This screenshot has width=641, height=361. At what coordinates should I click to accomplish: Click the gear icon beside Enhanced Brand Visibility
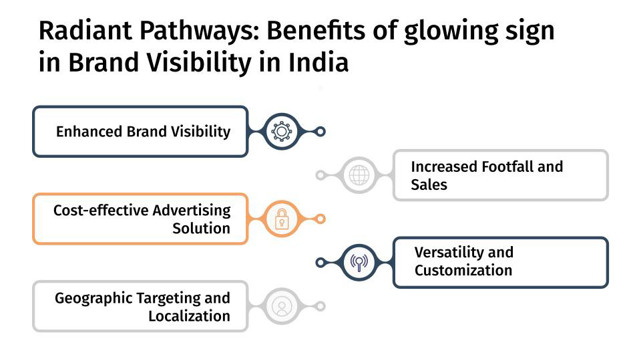coord(282,132)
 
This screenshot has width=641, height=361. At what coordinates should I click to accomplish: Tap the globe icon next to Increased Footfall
coord(359,175)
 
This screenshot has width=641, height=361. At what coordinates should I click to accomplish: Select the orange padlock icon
coord(282,219)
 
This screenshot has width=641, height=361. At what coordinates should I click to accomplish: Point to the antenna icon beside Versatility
coord(359,262)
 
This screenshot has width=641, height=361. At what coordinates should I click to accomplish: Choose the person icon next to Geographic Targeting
coord(282,306)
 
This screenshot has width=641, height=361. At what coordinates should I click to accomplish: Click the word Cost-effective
coord(101,211)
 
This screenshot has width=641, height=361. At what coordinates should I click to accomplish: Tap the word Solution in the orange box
coord(201,228)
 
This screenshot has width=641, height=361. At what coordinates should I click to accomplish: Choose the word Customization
coord(463,271)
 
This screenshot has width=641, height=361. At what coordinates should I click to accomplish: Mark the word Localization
coord(189,316)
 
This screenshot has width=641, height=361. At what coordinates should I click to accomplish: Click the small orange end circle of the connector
coord(320,219)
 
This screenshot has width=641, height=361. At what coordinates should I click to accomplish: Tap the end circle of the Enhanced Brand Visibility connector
coord(320,132)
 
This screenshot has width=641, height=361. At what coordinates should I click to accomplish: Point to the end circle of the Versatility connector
coord(320,262)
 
